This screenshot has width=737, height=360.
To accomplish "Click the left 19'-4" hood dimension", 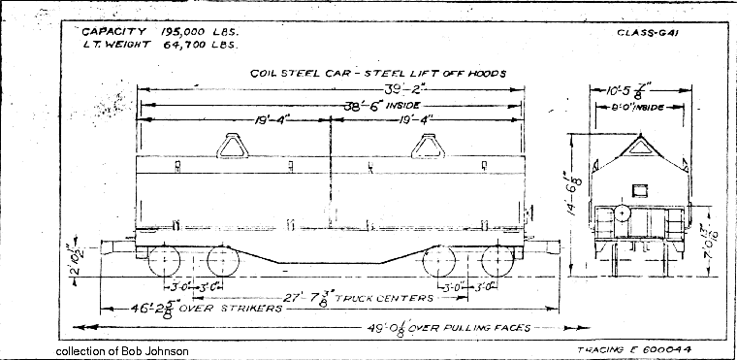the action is click(x=237, y=120).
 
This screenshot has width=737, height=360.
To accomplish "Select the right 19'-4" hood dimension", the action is click(x=427, y=120).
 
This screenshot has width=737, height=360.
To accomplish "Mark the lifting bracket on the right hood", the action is click(x=427, y=145).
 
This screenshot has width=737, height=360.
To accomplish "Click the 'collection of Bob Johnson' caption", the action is click(x=122, y=350).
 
